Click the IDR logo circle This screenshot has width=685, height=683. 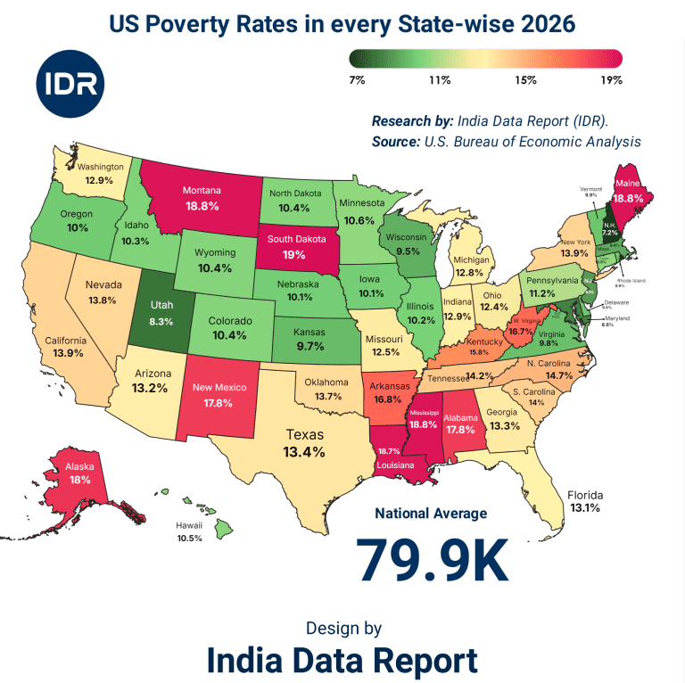click(71, 86)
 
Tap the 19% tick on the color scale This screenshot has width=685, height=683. click(611, 80)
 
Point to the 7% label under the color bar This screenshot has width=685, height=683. click(357, 80)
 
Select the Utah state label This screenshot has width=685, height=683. click(161, 304)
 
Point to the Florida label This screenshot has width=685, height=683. click(585, 495)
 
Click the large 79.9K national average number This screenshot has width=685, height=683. click(432, 559)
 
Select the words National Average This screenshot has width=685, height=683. click(431, 514)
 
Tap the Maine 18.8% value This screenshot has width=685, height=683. click(629, 200)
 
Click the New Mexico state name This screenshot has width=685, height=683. click(219, 388)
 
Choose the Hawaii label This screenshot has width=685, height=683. click(188, 526)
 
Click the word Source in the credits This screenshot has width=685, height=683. click(392, 142)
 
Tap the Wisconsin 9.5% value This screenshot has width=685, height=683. click(407, 251)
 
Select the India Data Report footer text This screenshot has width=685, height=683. click(342, 661)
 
